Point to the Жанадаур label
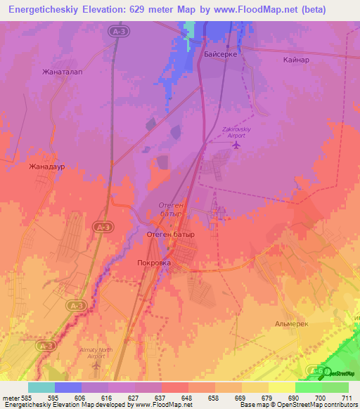point(46,167)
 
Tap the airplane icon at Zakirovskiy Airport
point(236,145)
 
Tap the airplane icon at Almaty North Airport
point(98,365)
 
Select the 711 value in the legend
point(348,397)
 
